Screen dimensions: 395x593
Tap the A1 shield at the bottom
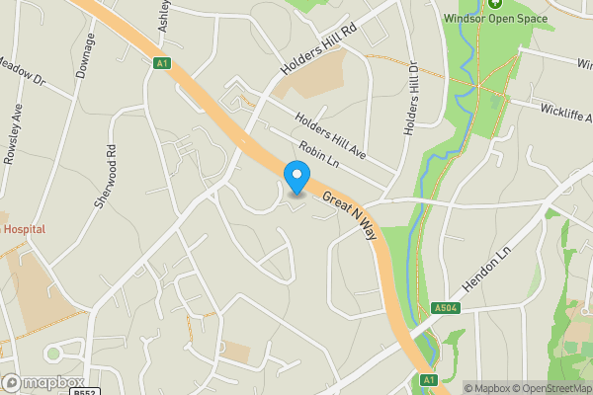click(x=428, y=380)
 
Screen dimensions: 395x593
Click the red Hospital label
click(x=24, y=229)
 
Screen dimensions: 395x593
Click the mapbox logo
click(x=42, y=382)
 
